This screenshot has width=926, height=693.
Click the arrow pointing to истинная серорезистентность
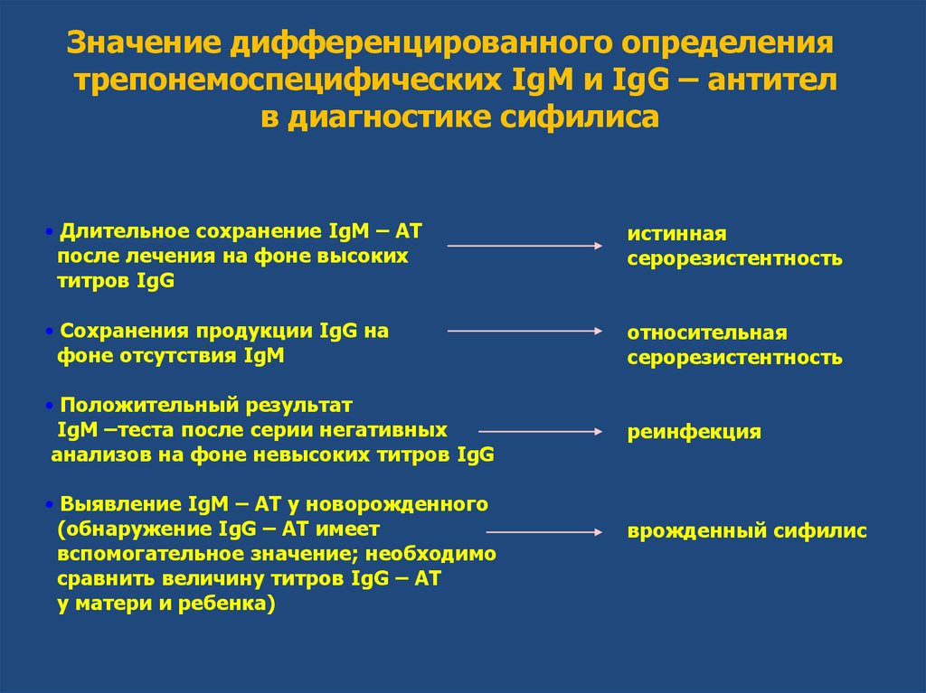(x=525, y=245)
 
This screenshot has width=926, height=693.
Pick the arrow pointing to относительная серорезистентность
(x=525, y=332)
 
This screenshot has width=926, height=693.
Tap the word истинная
(x=677, y=234)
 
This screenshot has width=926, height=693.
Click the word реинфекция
(x=694, y=432)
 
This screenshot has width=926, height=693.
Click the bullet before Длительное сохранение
(x=52, y=232)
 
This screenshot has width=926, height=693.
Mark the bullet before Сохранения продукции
(x=52, y=332)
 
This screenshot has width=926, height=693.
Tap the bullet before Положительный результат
(x=52, y=404)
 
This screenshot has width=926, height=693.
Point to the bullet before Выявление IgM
(x=52, y=503)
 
